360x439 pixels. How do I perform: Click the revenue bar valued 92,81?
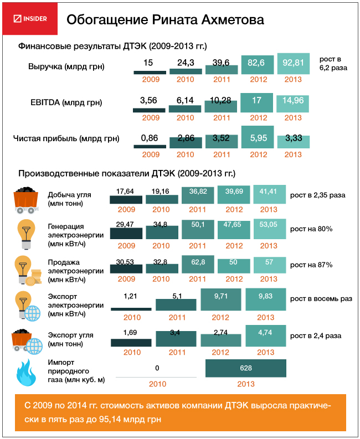click(294, 64)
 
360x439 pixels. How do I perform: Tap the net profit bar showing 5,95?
click(258, 137)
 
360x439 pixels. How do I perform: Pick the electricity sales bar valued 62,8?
click(198, 263)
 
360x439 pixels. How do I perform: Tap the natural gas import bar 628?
click(246, 368)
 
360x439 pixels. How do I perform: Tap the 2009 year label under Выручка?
click(150, 80)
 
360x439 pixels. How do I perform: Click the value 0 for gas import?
click(157, 368)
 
